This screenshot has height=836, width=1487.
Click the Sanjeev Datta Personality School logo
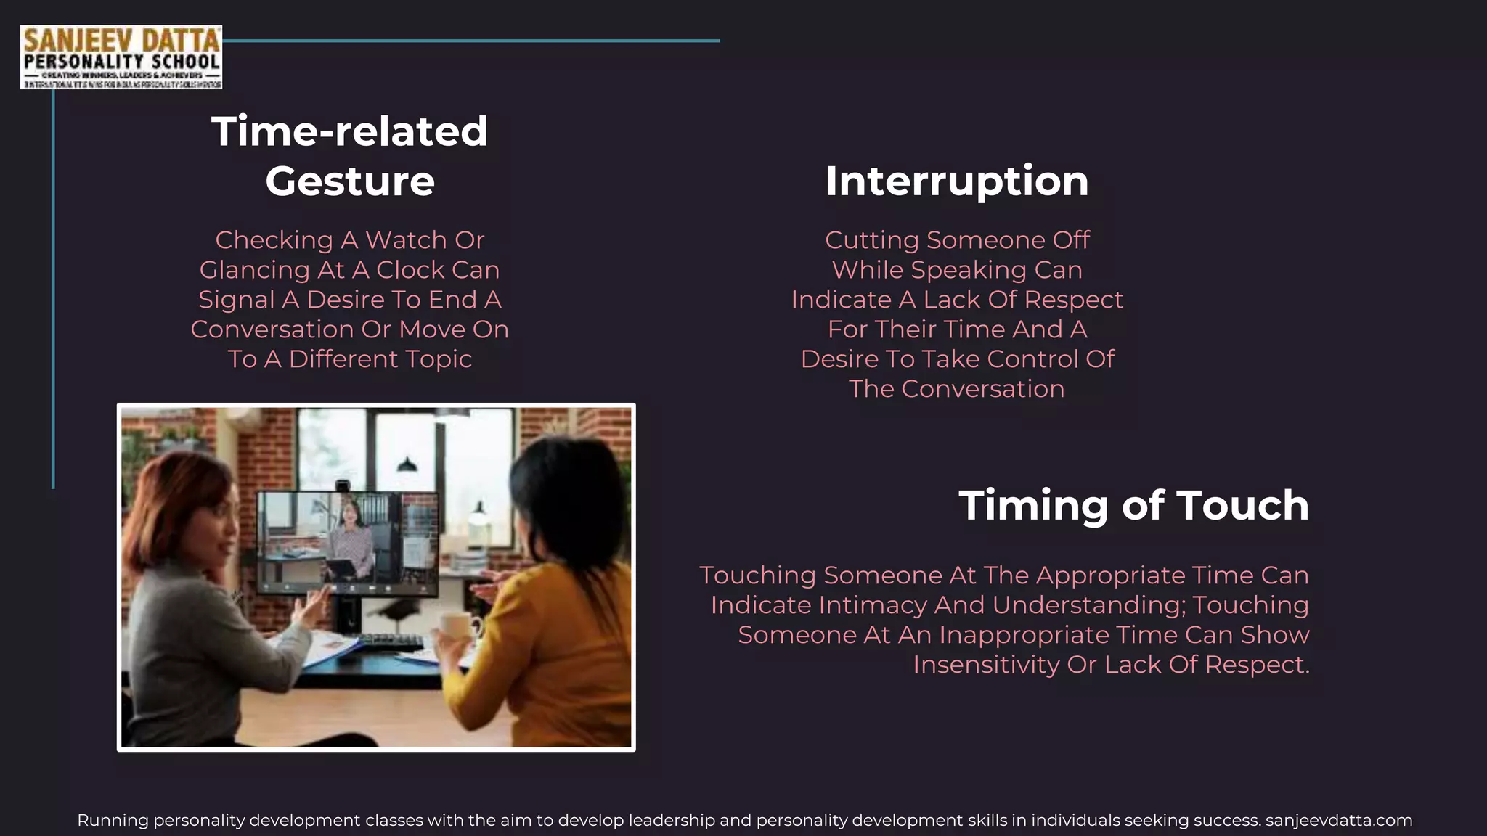pyautogui.click(x=121, y=57)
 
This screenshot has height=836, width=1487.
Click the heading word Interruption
pyautogui.click(x=956, y=181)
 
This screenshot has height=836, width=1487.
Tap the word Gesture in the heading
pyautogui.click(x=350, y=181)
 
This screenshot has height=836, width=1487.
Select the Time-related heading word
pyautogui.click(x=349, y=131)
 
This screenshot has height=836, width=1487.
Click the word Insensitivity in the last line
pyautogui.click(x=986, y=665)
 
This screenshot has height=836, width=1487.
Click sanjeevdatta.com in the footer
pyautogui.click(x=1339, y=821)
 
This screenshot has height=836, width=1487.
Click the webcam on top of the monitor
pyautogui.click(x=343, y=485)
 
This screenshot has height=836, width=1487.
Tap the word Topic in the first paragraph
pyautogui.click(x=439, y=359)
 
